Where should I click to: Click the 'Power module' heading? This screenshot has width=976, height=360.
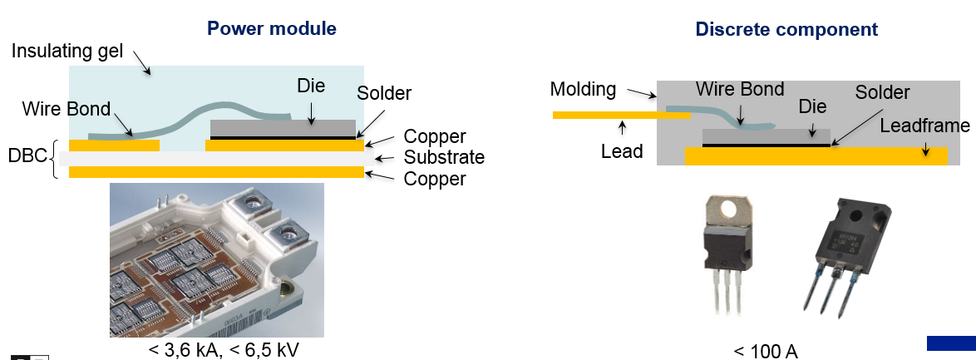(x=271, y=28)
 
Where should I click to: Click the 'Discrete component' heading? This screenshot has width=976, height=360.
(x=786, y=29)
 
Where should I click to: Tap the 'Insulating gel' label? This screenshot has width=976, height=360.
(x=67, y=52)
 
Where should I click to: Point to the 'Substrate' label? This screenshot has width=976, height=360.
(x=444, y=157)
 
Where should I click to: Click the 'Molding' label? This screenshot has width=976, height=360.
(x=583, y=89)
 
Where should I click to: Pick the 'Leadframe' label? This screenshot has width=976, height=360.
(x=924, y=126)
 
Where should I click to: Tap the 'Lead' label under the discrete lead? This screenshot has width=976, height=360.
(x=622, y=152)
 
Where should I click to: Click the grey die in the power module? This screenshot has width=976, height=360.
(x=285, y=128)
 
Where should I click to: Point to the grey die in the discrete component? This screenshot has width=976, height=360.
(x=766, y=136)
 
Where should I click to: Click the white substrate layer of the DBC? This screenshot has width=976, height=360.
(x=216, y=158)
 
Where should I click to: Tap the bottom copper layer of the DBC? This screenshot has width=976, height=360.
(x=216, y=172)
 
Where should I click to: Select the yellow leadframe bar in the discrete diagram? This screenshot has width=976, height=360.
(x=815, y=156)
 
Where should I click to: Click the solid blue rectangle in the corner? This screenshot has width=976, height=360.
(x=951, y=343)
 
